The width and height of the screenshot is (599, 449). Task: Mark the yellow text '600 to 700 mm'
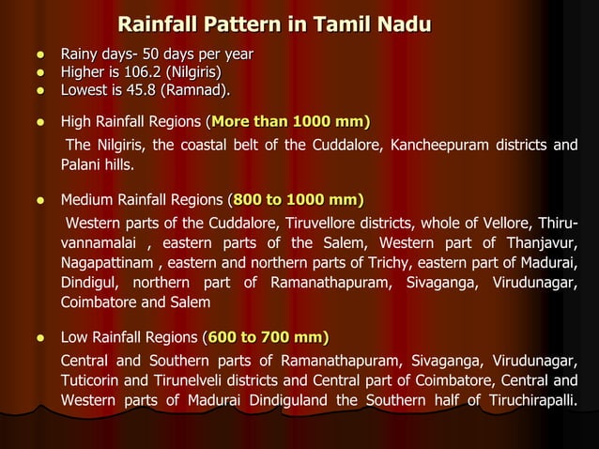[x=266, y=337]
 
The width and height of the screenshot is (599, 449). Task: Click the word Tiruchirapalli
[x=527, y=402]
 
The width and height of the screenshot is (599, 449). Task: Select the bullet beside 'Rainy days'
[x=42, y=53]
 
